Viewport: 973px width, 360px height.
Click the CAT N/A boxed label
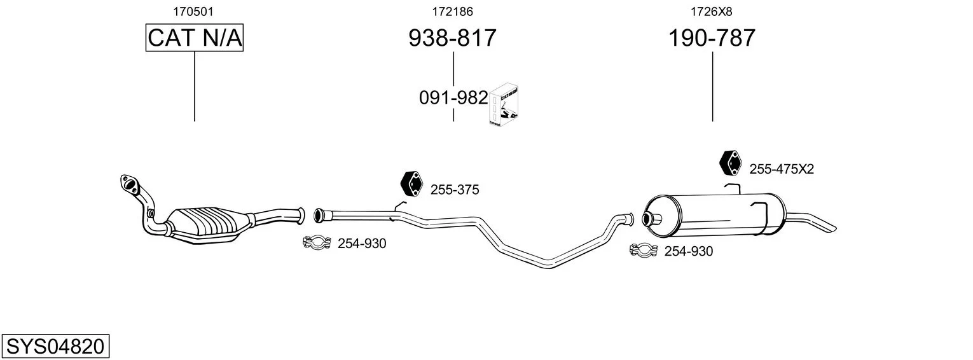pyautogui.click(x=194, y=38)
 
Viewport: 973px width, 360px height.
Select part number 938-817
pyautogui.click(x=452, y=38)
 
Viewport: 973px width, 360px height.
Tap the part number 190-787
pyautogui.click(x=712, y=38)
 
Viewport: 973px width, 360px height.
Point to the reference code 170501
pyautogui.click(x=193, y=11)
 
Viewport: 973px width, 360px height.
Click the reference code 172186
pyautogui.click(x=452, y=11)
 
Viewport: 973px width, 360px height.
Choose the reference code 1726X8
pyautogui.click(x=712, y=11)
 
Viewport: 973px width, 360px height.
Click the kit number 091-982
pyautogui.click(x=453, y=98)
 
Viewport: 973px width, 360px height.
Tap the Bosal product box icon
pyautogui.click(x=504, y=105)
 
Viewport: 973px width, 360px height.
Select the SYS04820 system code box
pyautogui.click(x=55, y=346)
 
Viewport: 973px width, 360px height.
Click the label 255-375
pyautogui.click(x=455, y=190)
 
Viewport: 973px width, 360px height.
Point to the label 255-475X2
pyautogui.click(x=782, y=169)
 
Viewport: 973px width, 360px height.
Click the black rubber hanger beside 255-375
pyautogui.click(x=411, y=184)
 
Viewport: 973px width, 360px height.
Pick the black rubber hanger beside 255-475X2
pyautogui.click(x=730, y=163)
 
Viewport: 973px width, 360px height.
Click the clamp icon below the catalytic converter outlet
pyautogui.click(x=317, y=242)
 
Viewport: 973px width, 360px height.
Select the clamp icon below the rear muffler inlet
pyautogui.click(x=644, y=250)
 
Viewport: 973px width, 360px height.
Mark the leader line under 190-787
pyautogui.click(x=712, y=87)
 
